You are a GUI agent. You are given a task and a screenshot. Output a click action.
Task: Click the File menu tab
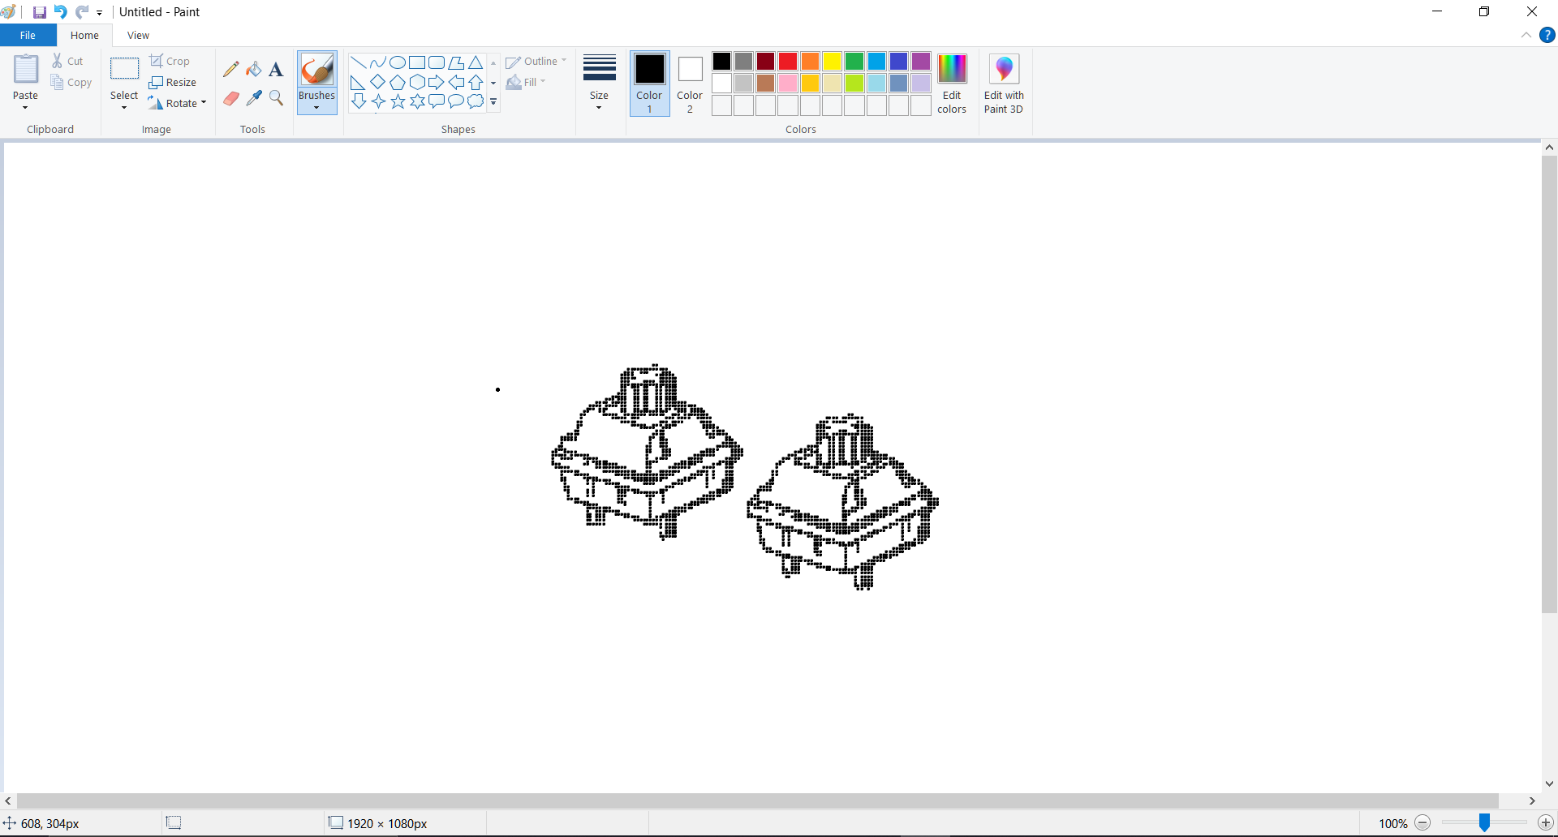pyautogui.click(x=28, y=35)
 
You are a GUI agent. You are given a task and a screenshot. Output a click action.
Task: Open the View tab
pyautogui.click(x=138, y=35)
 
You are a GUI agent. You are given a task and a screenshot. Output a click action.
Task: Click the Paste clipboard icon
pyautogui.click(x=26, y=70)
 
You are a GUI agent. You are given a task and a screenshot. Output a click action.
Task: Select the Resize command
pyautogui.click(x=173, y=82)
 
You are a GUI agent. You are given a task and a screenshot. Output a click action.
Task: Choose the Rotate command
pyautogui.click(x=178, y=103)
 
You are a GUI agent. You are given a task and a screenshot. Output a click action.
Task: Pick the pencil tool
pyautogui.click(x=231, y=69)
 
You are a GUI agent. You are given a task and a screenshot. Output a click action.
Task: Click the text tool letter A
pyautogui.click(x=276, y=69)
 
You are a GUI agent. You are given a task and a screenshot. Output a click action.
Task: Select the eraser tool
pyautogui.click(x=231, y=98)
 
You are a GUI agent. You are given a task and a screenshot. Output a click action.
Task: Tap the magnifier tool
pyautogui.click(x=276, y=98)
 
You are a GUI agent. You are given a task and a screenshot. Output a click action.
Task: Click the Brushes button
pyautogui.click(x=316, y=82)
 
